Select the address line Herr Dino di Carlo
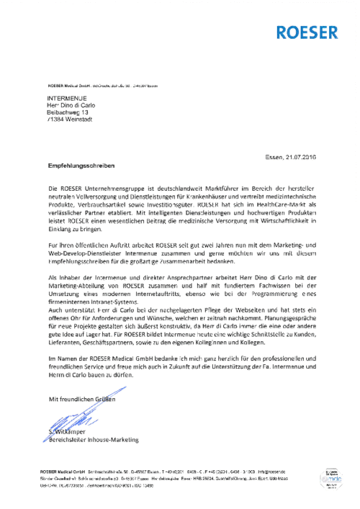click(71, 105)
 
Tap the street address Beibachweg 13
click(68, 113)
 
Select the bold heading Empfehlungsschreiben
click(81, 166)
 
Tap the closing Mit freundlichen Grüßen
click(81, 398)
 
